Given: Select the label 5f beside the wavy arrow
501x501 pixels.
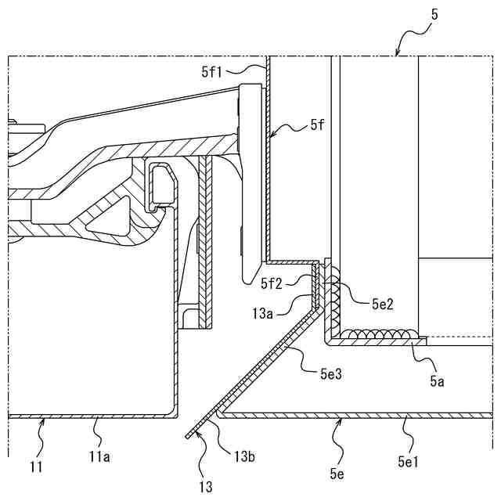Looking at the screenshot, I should tap(317, 124).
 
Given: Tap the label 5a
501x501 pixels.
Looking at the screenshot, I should tap(437, 382).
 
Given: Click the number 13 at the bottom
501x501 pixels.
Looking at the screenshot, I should tap(205, 488).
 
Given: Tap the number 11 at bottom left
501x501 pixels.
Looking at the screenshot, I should tap(35, 468).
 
